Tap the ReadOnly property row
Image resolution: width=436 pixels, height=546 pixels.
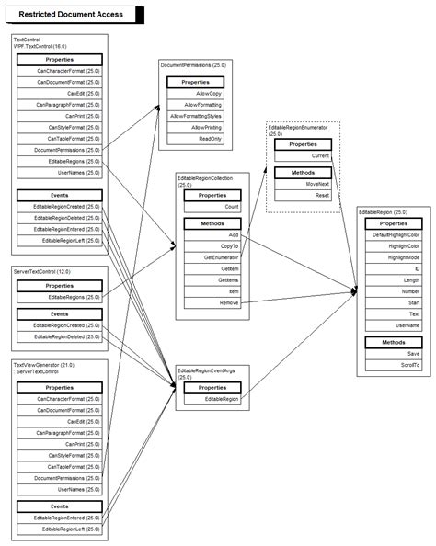coord(195,139)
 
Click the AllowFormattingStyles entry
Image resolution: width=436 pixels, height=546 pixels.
coord(195,117)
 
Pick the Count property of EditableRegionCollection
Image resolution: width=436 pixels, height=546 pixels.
coord(212,208)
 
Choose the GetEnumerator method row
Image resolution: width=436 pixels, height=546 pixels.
coord(212,257)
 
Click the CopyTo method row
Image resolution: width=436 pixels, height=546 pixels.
coord(212,246)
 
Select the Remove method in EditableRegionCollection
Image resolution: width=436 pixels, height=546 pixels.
coord(212,301)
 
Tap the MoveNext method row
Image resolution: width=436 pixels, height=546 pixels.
coord(303,184)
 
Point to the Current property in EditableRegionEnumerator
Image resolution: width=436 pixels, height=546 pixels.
coord(303,155)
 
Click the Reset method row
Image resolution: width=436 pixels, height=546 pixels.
coord(303,195)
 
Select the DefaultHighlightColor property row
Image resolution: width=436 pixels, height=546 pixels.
coord(393,235)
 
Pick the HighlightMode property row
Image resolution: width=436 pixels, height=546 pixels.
coord(393,257)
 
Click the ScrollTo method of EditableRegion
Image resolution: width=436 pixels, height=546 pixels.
coord(393,365)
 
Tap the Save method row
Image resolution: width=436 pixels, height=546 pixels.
coord(393,354)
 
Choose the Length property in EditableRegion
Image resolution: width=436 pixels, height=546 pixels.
coord(393,280)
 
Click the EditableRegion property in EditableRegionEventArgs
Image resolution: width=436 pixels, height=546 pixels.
coord(212,399)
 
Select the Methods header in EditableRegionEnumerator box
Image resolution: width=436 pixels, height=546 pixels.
coord(303,172)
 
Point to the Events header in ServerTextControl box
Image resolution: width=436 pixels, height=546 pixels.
coord(59,313)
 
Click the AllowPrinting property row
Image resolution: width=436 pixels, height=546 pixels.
coord(195,128)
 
